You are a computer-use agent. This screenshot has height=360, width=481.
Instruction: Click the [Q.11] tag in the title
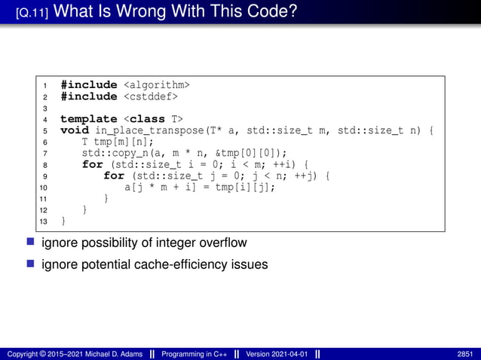(32, 13)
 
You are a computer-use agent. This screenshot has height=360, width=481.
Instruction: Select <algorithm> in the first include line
(156, 84)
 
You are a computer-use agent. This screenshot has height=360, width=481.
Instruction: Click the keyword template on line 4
(88, 119)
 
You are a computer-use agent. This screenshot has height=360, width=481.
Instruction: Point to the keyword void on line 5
(75, 130)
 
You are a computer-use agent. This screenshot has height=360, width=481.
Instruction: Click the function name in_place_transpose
(155, 130)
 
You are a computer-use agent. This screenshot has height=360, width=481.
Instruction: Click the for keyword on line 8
(92, 164)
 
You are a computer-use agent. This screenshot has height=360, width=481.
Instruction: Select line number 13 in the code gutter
(44, 221)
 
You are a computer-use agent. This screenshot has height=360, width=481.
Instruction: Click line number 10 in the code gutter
(44, 188)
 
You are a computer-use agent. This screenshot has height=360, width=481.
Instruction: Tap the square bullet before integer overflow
(31, 243)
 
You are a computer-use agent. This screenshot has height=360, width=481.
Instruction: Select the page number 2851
(466, 354)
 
